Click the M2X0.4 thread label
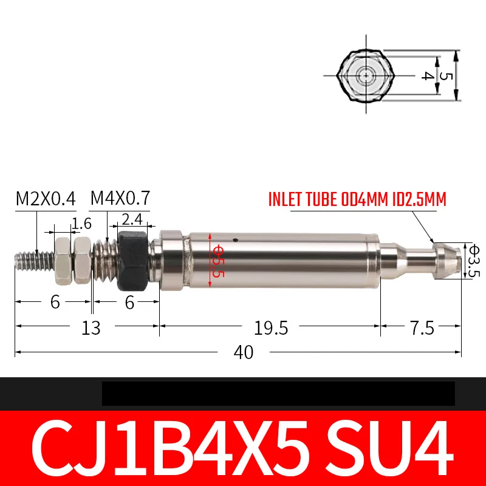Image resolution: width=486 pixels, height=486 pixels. (x=46, y=199)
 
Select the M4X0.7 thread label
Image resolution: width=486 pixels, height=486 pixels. (x=120, y=198)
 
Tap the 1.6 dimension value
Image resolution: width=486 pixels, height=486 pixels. (x=81, y=224)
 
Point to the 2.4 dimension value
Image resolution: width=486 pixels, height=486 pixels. (x=132, y=219)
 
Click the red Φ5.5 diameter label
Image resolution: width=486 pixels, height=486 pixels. (x=218, y=261)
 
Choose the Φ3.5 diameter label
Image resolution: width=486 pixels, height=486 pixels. (x=474, y=261)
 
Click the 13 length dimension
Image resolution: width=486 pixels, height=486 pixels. (x=91, y=328)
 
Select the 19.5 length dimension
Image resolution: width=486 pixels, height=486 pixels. (x=270, y=328)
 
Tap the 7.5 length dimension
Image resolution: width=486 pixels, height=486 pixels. (x=422, y=328)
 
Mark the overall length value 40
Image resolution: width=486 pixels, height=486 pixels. (x=244, y=352)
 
